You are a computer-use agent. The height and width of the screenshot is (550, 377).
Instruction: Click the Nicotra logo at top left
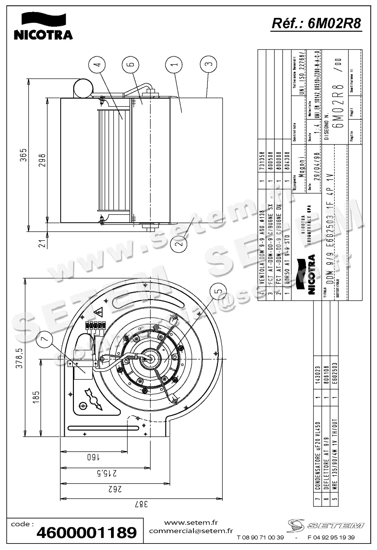pos(43,27)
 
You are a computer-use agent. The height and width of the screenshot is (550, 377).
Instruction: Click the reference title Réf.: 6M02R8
pos(316,23)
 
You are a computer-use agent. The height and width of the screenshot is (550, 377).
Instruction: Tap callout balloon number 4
pos(97,64)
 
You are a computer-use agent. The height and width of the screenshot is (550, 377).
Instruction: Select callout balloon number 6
pos(130,64)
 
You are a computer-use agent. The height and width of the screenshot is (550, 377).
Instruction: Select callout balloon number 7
pos(45,339)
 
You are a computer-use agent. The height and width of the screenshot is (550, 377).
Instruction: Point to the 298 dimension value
pos(42,160)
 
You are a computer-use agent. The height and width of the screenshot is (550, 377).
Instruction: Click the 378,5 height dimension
pos(20,358)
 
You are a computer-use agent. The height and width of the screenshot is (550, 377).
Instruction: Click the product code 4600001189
pos(87,533)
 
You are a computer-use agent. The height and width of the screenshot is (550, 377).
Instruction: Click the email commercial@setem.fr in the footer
pos(191,531)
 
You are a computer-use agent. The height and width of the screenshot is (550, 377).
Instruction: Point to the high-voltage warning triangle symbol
pos(98,313)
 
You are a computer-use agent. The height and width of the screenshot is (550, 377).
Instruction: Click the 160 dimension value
pos(93,457)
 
